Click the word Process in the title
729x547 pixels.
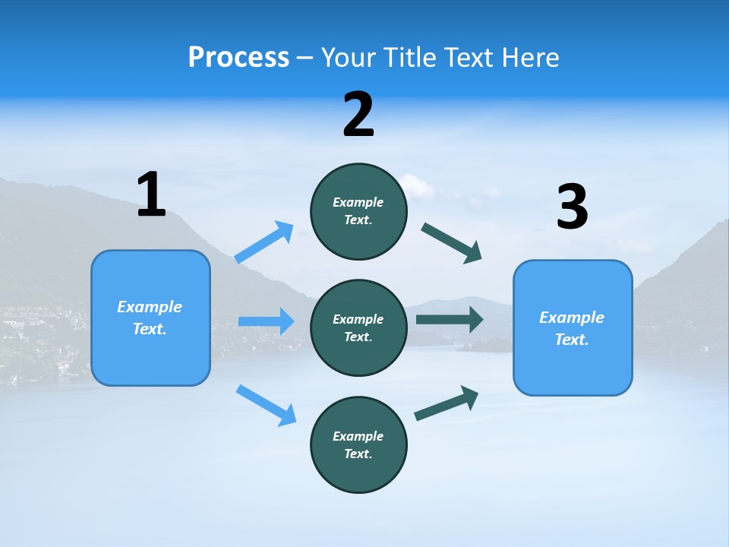238,57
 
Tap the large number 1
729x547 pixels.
151,195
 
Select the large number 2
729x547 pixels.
358,115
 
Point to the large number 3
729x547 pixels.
572,208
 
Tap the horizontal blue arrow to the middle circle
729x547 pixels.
266,321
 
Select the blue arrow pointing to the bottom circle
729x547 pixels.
266,404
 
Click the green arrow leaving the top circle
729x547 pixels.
451,243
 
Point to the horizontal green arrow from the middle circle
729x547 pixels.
450,320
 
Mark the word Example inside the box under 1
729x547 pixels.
150,307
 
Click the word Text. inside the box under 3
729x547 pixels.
572,340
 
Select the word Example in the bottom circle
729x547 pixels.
358,436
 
